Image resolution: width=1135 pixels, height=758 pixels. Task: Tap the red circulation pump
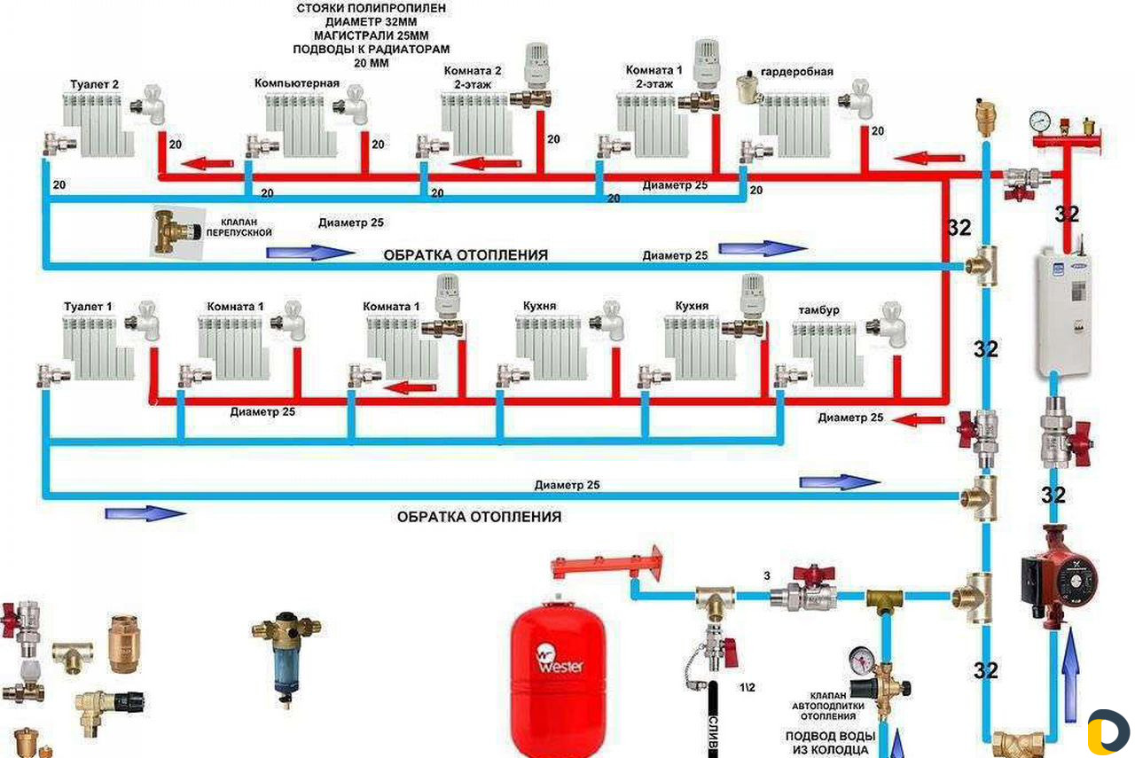point(1058,577)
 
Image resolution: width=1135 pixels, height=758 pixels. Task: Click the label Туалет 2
point(94,85)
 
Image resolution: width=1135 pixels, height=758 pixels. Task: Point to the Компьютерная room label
point(296,83)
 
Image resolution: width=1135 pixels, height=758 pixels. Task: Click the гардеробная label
point(797,72)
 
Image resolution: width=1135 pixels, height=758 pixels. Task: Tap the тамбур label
point(817,310)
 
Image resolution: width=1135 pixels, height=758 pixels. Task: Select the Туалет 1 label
point(88,307)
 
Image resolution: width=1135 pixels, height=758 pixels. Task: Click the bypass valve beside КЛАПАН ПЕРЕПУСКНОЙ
point(176,231)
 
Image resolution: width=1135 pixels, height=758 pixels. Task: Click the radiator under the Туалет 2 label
point(97,124)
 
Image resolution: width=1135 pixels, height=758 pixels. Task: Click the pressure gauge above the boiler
point(1039,121)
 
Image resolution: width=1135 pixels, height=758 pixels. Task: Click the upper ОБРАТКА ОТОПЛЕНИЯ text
point(466,255)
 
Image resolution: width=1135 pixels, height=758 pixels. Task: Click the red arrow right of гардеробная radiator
point(930,158)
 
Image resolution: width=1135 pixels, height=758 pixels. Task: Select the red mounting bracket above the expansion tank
point(606,564)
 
